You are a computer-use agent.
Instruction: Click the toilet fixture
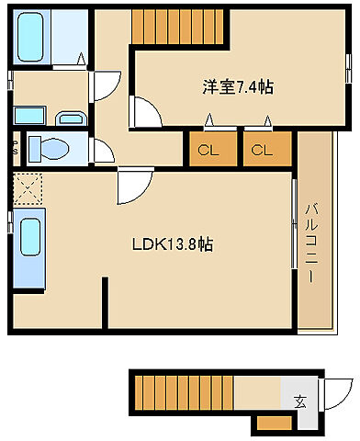[x=46, y=147]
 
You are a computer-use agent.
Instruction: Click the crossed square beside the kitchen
[x=28, y=191]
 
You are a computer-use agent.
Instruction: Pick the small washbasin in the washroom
[x=69, y=119]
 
